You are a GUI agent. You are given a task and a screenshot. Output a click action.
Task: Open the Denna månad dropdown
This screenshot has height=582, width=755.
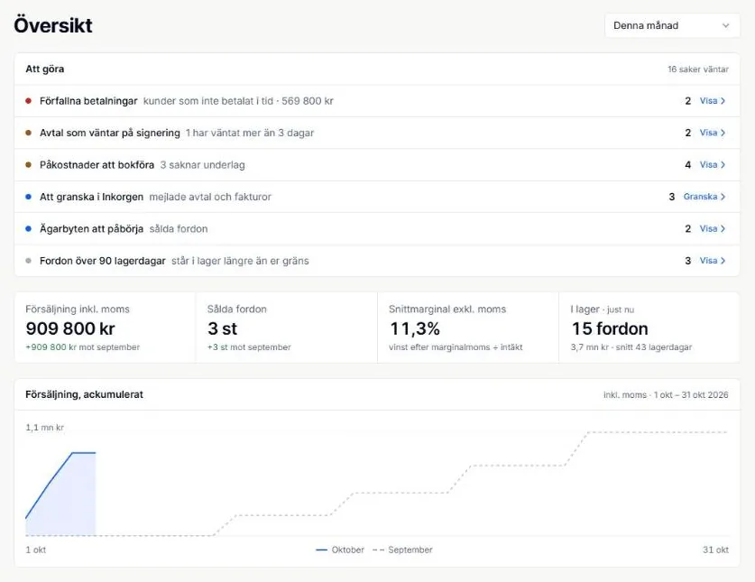click(x=672, y=25)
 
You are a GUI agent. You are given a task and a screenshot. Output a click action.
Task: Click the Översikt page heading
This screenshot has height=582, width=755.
click(x=53, y=25)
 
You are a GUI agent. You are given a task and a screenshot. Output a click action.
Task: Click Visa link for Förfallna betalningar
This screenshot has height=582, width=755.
click(x=712, y=101)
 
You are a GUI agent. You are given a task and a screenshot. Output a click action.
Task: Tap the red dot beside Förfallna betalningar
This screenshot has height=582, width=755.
click(x=28, y=101)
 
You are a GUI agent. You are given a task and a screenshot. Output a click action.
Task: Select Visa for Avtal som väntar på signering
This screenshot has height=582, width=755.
click(x=712, y=133)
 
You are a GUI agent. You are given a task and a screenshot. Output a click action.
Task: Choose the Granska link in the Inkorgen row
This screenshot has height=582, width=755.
click(x=704, y=197)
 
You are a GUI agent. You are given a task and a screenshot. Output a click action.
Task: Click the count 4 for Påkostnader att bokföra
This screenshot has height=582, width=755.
click(x=687, y=165)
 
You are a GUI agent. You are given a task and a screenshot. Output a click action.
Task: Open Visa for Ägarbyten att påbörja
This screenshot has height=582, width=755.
click(x=712, y=228)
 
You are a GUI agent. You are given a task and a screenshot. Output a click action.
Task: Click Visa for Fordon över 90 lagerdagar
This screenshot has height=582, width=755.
click(x=712, y=261)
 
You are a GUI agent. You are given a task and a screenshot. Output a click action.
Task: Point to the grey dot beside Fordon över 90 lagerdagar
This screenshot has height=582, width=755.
click(x=28, y=261)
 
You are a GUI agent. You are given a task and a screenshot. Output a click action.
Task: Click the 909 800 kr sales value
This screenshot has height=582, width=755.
click(x=70, y=328)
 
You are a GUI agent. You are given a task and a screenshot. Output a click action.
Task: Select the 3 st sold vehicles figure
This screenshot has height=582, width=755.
click(x=223, y=328)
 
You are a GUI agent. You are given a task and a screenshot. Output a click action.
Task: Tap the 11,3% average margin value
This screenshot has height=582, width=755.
click(x=415, y=328)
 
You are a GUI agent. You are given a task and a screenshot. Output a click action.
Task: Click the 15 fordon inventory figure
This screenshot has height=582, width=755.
click(x=610, y=328)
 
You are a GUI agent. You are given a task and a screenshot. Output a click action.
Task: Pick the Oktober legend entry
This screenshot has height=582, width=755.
click(x=340, y=550)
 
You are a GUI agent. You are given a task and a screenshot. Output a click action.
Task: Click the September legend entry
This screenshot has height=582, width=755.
click(x=402, y=550)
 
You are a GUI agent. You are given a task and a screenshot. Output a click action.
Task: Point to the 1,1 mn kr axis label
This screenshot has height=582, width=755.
click(x=45, y=428)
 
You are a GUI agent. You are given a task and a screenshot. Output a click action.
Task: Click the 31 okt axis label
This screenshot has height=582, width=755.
click(x=715, y=550)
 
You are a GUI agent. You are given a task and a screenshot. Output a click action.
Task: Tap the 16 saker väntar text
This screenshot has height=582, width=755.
click(x=697, y=69)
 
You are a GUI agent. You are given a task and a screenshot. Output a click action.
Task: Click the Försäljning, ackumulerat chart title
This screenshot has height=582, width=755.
click(x=84, y=394)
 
